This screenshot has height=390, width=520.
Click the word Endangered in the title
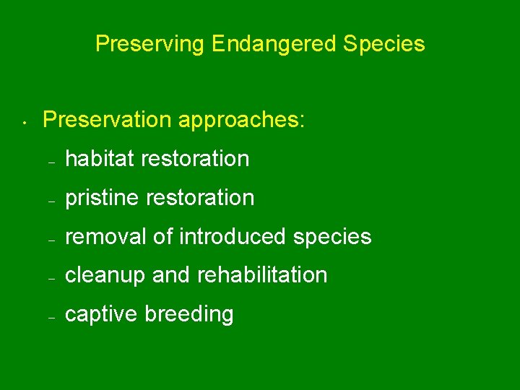[x=274, y=45]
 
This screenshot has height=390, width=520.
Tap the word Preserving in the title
[x=150, y=45]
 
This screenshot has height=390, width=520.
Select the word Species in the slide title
[x=384, y=45]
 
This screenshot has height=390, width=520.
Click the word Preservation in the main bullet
[x=108, y=120]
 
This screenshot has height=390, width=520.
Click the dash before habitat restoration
[x=51, y=162]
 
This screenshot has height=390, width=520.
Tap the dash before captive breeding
[x=51, y=318]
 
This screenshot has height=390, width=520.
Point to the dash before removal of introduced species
[x=51, y=240]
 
